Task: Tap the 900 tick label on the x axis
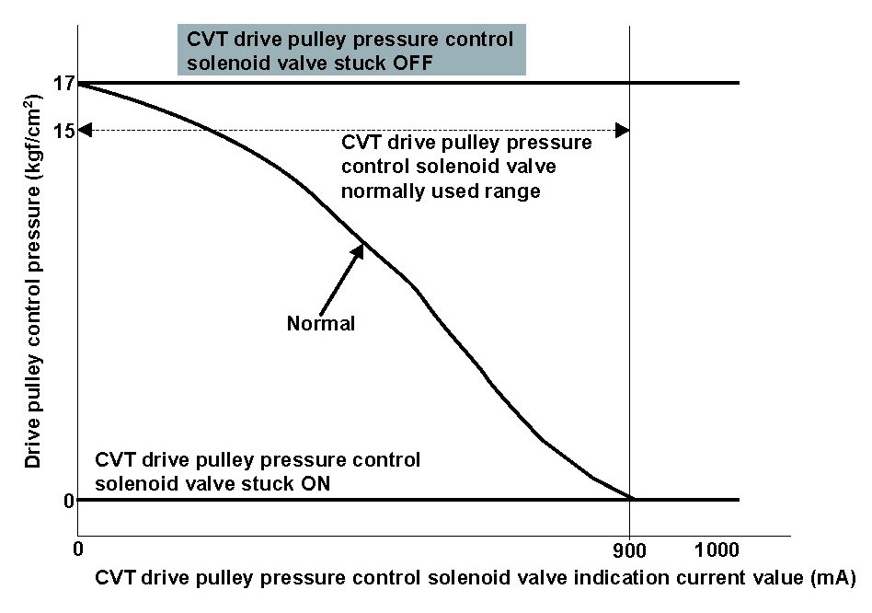630,551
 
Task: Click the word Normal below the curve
321,324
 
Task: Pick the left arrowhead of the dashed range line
86,130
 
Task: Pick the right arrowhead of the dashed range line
623,130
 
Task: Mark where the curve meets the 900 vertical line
630,498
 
